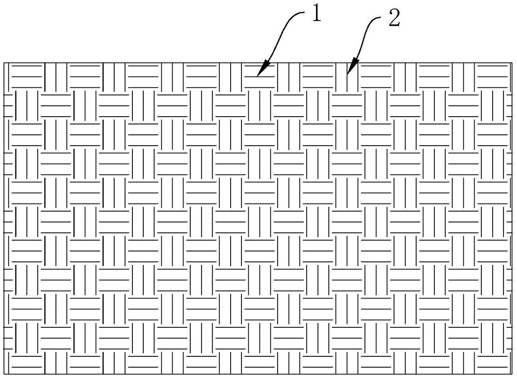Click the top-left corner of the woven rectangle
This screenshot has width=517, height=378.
click(4, 62)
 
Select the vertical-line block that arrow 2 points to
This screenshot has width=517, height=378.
click(346, 76)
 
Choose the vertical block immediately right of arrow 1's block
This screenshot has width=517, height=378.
click(288, 76)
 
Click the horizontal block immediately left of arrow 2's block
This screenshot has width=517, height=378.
click(317, 76)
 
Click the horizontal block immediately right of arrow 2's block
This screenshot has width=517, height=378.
click(375, 76)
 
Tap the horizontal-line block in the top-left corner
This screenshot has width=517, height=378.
click(26, 76)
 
